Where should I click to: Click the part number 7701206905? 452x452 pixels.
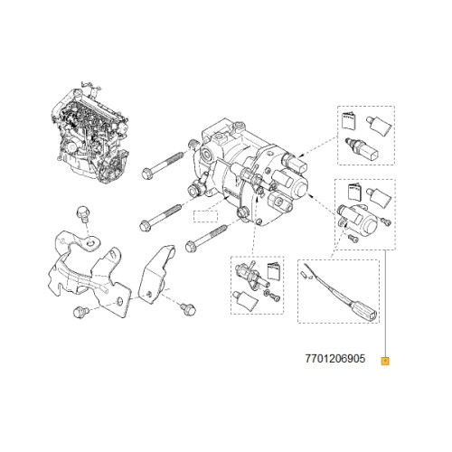click(x=331, y=359)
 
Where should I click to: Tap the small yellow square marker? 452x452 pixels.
click(x=385, y=360)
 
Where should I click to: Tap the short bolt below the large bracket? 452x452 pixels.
click(x=79, y=312)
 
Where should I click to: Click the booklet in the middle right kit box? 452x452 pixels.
click(x=353, y=191)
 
